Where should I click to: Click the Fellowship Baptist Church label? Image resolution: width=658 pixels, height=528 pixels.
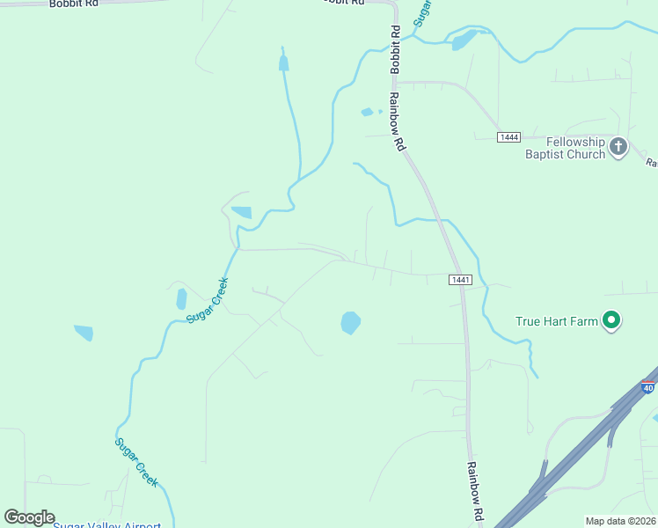[576, 148]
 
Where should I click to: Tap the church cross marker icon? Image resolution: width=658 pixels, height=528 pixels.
[618, 146]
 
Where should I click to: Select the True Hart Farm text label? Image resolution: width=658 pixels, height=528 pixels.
[557, 321]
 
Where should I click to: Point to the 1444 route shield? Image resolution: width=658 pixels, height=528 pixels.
[508, 137]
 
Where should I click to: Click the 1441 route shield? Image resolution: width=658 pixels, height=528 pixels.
[461, 280]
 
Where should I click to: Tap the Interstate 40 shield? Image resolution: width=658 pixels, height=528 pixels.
[649, 386]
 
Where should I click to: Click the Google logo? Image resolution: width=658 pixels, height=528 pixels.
[29, 517]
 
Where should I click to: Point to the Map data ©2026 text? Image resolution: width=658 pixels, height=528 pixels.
[619, 521]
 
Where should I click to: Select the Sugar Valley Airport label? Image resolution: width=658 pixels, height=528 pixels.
[106, 524]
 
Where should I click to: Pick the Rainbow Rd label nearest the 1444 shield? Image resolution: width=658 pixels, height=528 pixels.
[398, 121]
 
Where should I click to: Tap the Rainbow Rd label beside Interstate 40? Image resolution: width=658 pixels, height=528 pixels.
[475, 491]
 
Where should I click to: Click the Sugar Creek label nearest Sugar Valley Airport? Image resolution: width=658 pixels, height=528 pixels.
[137, 462]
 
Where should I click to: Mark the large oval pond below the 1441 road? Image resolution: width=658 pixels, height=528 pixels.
[350, 323]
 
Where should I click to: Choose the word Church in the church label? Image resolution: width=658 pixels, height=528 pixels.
[584, 154]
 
